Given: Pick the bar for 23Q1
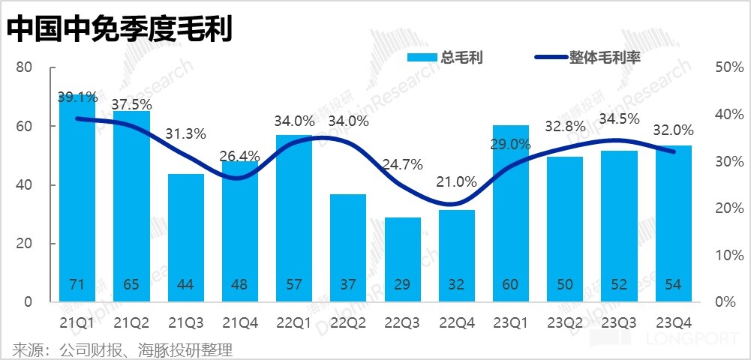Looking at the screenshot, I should point(511,214).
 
